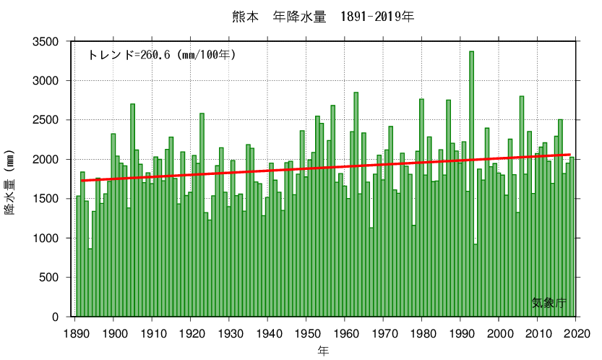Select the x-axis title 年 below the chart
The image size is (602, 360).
coord(324,351)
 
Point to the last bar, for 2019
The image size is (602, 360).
coord(572,239)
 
